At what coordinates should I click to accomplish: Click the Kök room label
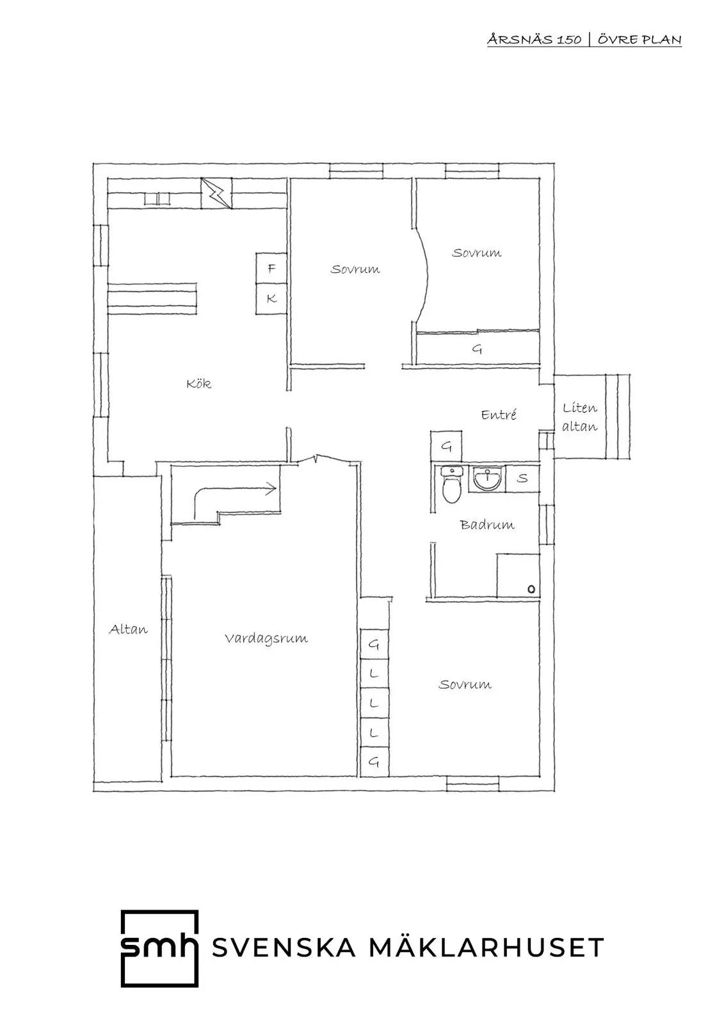(x=199, y=384)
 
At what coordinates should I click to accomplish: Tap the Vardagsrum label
(x=266, y=638)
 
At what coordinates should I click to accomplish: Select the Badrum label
(x=487, y=525)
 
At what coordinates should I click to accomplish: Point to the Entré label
(x=499, y=414)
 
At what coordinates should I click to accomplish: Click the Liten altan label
(x=580, y=417)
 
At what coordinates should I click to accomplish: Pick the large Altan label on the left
(x=129, y=630)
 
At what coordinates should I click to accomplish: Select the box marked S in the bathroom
(x=522, y=479)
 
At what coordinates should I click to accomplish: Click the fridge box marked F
(x=271, y=268)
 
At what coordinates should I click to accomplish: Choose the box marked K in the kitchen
(x=271, y=299)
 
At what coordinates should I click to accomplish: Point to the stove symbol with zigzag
(x=216, y=193)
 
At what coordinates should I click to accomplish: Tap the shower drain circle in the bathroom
(x=531, y=589)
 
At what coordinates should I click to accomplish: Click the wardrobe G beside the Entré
(x=446, y=446)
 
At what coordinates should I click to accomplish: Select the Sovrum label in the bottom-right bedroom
(x=465, y=685)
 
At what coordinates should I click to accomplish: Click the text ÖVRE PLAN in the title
(x=640, y=39)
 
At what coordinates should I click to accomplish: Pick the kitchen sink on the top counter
(x=157, y=199)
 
